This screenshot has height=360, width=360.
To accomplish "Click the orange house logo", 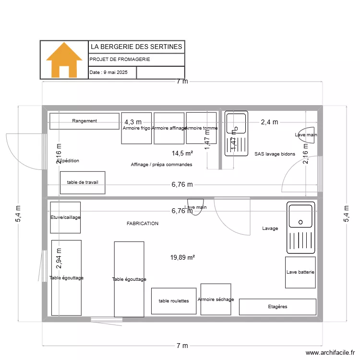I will [64, 60].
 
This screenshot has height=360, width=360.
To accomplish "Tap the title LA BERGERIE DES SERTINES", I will [136, 47].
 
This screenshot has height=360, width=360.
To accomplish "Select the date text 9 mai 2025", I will [113, 72].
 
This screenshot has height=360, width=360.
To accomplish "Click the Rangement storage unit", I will [84, 121].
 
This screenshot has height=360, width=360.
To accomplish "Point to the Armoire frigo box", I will [136, 128].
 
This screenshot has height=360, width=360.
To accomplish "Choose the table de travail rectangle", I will [83, 182].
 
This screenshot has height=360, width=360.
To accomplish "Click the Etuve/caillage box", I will [65, 217].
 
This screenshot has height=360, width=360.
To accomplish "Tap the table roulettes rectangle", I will [174, 301].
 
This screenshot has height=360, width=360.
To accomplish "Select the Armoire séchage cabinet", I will [216, 299].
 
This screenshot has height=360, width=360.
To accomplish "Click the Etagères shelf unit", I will [277, 306].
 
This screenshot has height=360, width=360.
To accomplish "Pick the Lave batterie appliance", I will [300, 272].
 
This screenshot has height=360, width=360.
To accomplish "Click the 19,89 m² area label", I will [182, 258].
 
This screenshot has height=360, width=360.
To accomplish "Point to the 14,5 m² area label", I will [182, 154].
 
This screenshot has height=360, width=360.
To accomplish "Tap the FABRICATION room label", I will [143, 224].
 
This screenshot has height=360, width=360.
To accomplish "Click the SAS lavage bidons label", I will [275, 154].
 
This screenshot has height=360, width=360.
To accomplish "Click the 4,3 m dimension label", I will [133, 122].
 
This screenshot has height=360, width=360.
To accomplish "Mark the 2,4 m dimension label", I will [269, 122].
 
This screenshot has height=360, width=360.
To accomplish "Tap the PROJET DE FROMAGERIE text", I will [120, 60].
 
